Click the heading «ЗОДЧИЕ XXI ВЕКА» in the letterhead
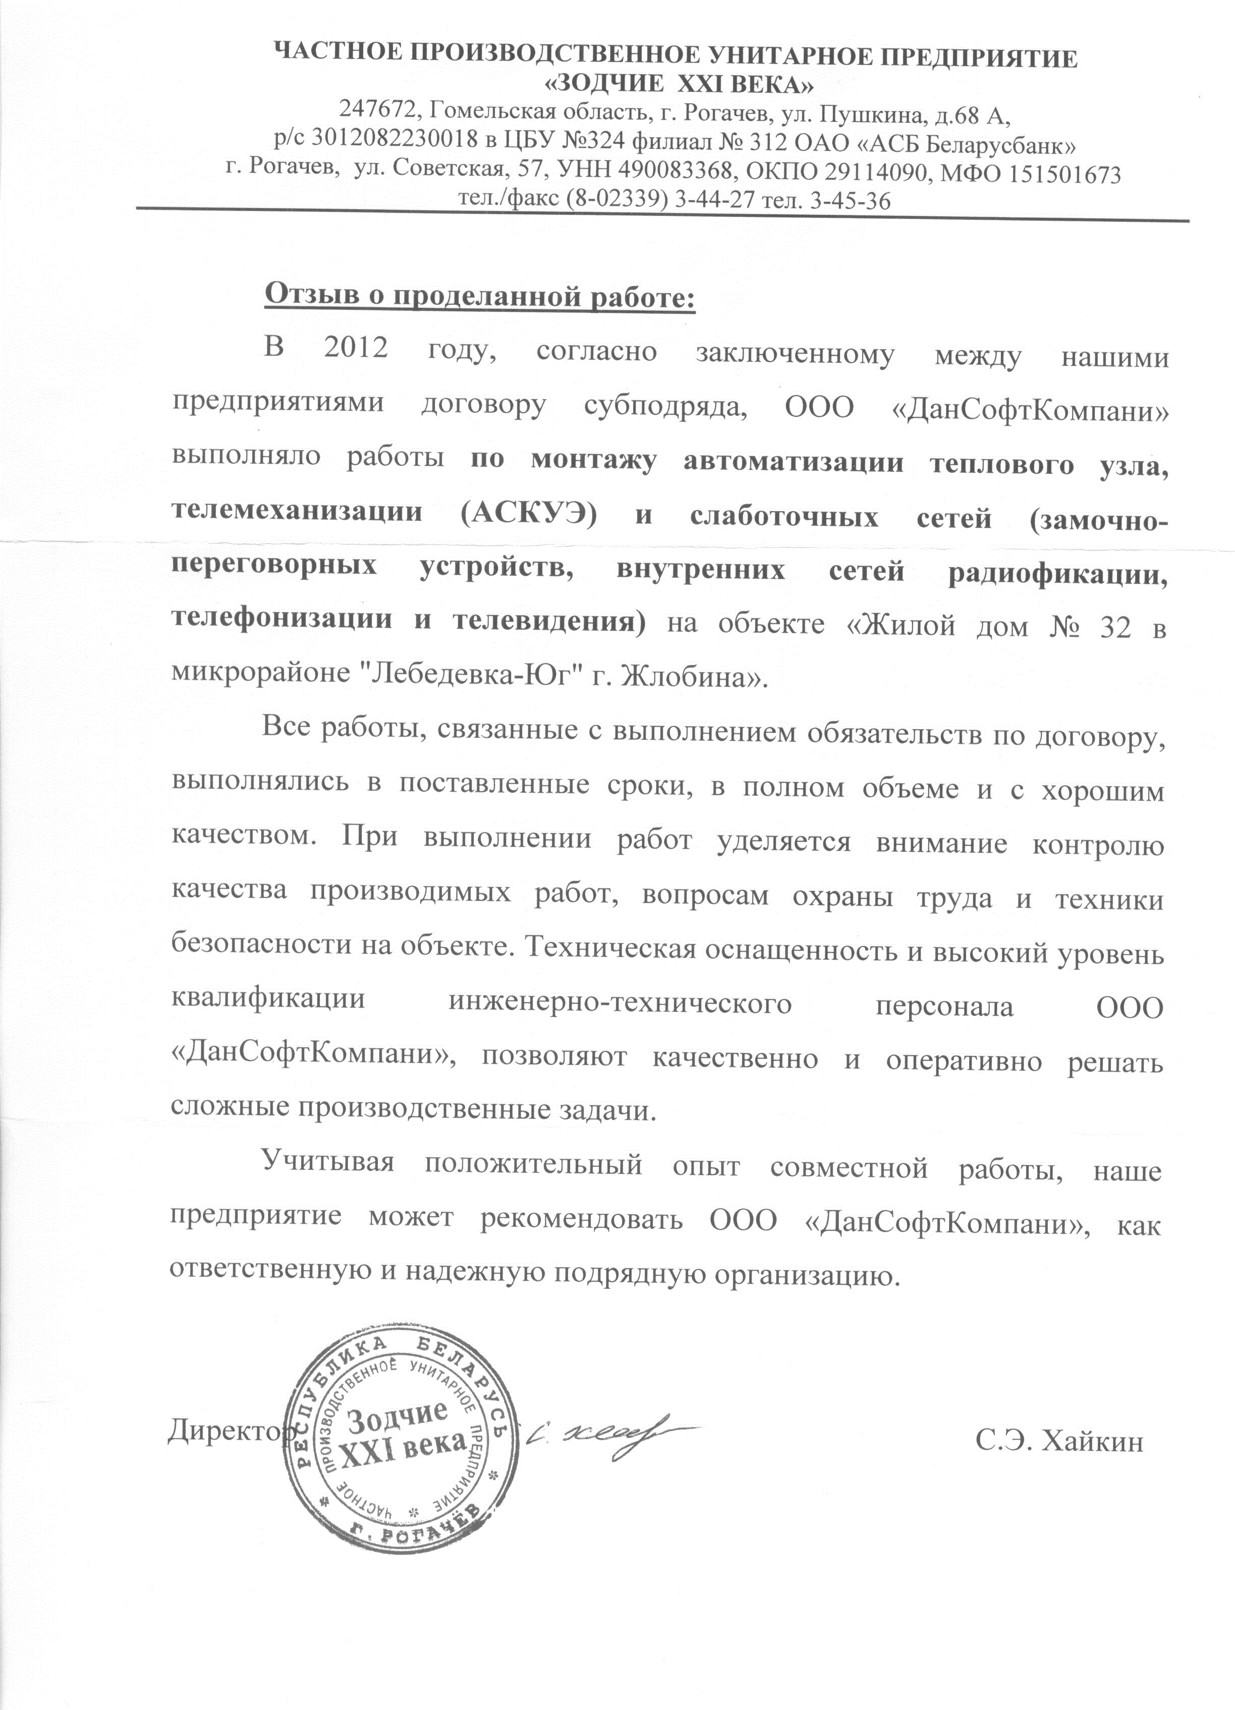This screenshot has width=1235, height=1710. coord(679,84)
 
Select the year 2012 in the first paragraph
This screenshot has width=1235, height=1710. coord(355,348)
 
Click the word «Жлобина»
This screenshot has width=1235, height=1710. coord(689,675)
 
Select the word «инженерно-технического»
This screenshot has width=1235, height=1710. coord(620,1004)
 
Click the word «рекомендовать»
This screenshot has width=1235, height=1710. coord(581,1219)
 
